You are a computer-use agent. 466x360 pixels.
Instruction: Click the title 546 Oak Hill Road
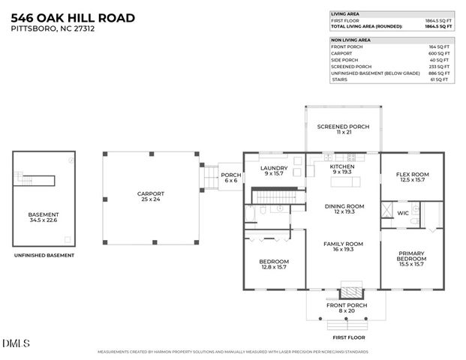pyautogui.click(x=74, y=17)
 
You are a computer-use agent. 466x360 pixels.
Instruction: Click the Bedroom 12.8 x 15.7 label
pyautogui.click(x=273, y=264)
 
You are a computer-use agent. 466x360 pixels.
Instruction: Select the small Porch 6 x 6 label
pyautogui.click(x=230, y=178)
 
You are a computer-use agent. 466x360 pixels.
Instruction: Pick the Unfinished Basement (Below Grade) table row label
pyautogui.click(x=365, y=73)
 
